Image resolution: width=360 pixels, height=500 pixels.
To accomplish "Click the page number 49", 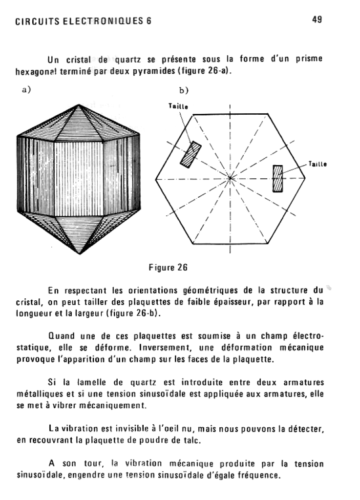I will point(316,20).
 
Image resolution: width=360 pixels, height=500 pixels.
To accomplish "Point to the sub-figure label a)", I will point(26,89).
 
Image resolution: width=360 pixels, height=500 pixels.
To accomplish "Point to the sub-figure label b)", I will point(184,90).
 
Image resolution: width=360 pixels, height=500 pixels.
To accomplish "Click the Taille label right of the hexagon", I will point(318,164).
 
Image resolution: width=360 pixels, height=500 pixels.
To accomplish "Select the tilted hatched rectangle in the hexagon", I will point(191,154).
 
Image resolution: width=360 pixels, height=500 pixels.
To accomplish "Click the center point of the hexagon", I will point(230,179).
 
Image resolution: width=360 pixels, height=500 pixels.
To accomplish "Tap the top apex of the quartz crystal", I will point(79,104).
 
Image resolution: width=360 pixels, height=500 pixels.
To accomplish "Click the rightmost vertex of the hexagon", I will point(305,178).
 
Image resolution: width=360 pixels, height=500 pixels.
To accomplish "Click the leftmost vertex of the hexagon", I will point(155,179).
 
